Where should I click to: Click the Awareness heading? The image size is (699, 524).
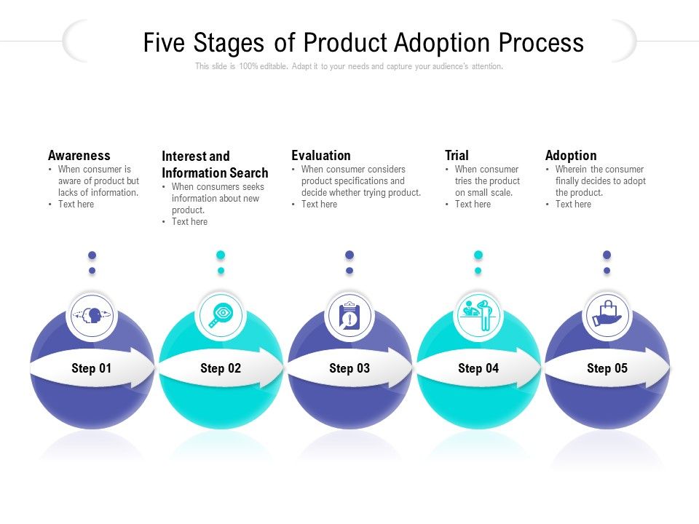click(79, 155)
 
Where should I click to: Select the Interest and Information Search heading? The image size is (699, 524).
click(215, 164)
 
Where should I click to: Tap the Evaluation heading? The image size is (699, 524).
click(321, 155)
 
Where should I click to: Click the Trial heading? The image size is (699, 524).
click(457, 155)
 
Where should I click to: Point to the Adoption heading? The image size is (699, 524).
click(571, 155)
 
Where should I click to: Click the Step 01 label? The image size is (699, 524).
click(92, 368)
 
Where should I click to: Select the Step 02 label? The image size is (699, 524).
click(221, 368)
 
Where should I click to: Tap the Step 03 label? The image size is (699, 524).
click(349, 368)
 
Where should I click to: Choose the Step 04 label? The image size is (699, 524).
click(478, 368)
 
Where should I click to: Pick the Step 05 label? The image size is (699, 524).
click(607, 368)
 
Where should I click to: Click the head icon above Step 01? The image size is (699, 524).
click(92, 316)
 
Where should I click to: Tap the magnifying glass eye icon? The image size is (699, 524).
click(221, 316)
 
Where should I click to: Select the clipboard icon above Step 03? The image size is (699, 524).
click(349, 317)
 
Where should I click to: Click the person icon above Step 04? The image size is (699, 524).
click(478, 316)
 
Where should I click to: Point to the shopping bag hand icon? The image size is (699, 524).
click(607, 316)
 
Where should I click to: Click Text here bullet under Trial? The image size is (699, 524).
click(473, 205)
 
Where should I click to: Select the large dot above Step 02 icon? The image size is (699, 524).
click(221, 255)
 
